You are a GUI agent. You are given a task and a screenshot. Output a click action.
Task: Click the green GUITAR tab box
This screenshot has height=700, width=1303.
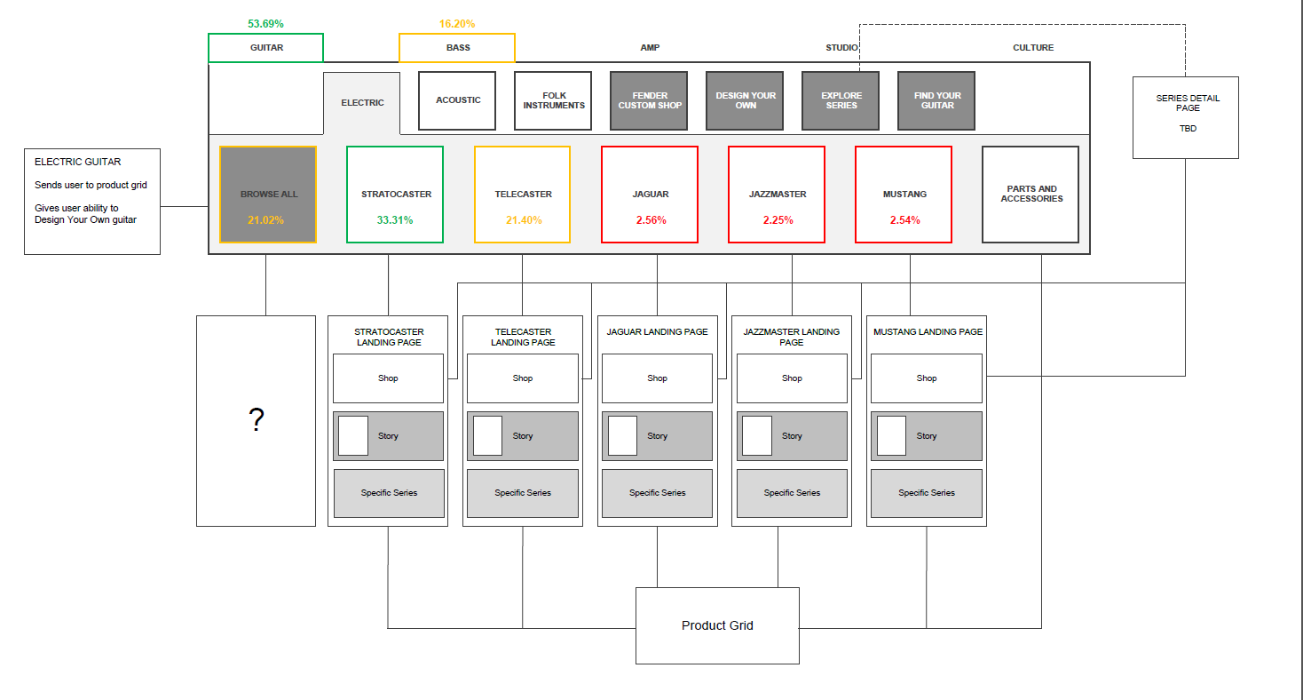click(x=265, y=48)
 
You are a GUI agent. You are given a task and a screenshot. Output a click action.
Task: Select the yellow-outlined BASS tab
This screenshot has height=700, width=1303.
click(x=457, y=48)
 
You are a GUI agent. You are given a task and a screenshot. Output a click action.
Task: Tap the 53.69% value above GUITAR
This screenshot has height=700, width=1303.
click(x=265, y=24)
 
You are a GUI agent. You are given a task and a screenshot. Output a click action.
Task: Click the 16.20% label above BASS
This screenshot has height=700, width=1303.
click(x=457, y=24)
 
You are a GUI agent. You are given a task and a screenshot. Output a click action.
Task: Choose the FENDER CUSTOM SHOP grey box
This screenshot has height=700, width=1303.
click(x=649, y=100)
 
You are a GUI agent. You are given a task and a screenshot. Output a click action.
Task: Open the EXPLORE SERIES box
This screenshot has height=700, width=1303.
click(x=841, y=100)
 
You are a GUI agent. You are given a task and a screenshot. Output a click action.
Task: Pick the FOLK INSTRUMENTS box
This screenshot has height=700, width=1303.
click(x=553, y=100)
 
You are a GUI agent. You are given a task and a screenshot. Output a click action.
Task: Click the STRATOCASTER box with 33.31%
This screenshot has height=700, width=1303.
click(x=395, y=195)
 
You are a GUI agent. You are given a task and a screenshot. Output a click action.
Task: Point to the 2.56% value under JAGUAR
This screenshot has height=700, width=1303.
click(x=651, y=220)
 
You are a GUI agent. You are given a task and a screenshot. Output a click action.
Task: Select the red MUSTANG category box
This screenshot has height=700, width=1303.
click(x=904, y=195)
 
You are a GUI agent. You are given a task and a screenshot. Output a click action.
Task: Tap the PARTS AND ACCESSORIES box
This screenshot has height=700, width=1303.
click(x=1031, y=195)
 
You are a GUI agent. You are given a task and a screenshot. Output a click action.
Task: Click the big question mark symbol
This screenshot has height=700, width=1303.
click(x=257, y=420)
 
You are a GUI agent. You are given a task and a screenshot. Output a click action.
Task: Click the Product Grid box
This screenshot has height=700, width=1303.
click(x=717, y=625)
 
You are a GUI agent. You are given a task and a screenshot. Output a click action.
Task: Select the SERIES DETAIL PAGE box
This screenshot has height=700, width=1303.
click(x=1186, y=116)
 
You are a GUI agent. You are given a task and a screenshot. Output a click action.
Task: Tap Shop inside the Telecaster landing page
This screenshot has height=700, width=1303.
click(x=523, y=378)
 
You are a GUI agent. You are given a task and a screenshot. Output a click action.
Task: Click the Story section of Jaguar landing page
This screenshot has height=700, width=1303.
click(x=658, y=436)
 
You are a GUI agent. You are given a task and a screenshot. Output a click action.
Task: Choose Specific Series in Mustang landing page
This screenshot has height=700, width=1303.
click(x=926, y=493)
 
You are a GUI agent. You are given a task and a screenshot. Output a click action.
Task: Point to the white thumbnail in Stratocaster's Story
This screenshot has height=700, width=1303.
click(x=353, y=435)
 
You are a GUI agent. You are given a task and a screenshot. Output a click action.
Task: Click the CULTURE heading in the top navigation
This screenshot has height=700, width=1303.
click(x=1033, y=48)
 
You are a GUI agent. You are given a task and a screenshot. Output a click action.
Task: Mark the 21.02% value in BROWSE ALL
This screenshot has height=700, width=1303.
click(x=267, y=220)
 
